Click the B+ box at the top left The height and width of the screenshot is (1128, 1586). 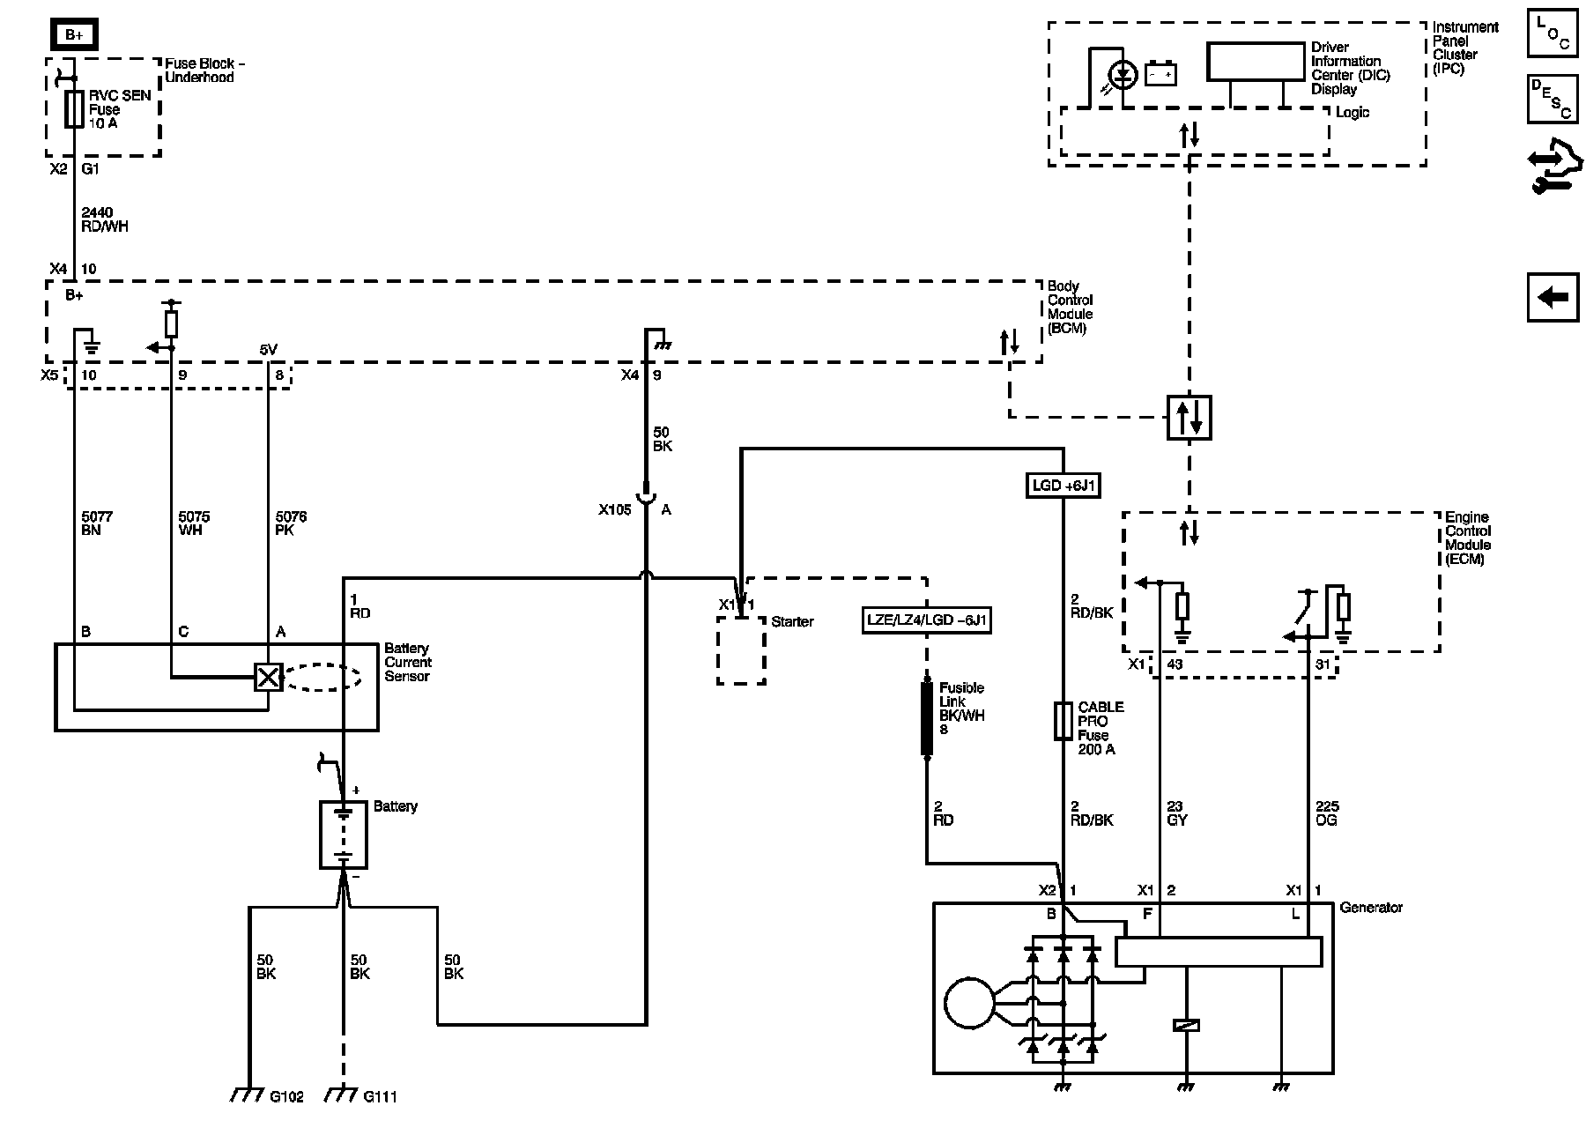point(74,35)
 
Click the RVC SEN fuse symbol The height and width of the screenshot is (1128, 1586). point(74,109)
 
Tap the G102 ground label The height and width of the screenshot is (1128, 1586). point(286,1097)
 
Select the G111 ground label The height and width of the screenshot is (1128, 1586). point(380,1097)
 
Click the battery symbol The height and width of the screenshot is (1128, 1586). point(343,834)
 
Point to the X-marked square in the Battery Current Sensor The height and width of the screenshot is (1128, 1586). point(268,677)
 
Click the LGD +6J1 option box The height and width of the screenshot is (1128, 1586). point(1064,486)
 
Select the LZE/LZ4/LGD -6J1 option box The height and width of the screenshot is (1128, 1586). point(927,620)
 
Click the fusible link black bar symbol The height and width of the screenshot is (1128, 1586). point(927,718)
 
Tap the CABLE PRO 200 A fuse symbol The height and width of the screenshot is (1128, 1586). point(1064,721)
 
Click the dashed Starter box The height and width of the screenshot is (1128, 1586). point(740,650)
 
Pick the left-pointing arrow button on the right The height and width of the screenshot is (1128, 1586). point(1553,297)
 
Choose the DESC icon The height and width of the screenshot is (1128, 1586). point(1553,98)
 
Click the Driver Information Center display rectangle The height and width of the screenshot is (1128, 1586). point(1256,62)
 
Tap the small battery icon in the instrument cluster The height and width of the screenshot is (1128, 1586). point(1160,75)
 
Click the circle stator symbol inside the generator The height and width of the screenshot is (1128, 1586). point(969,1003)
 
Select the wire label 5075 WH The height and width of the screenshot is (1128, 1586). point(194,523)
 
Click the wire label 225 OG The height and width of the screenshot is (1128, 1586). point(1327,813)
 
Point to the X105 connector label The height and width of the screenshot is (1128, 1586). point(615,509)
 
